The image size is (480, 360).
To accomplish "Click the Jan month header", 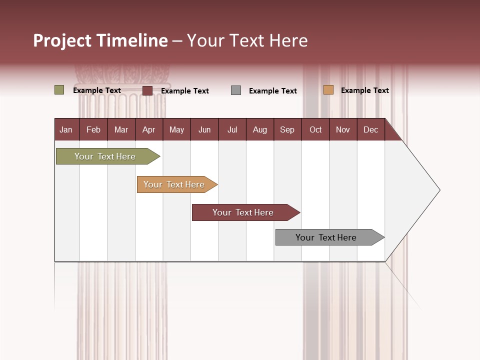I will coord(66,130).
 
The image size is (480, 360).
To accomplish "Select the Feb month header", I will coord(93,130).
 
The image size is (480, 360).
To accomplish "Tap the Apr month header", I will coord(148,130).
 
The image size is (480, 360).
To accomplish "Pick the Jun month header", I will coord(204,130).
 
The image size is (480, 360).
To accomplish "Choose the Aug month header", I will coord(259,130).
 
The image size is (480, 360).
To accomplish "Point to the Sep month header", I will coord(287,130).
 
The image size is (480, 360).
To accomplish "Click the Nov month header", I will coord(342,130).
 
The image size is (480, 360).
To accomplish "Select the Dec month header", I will coord(370,130).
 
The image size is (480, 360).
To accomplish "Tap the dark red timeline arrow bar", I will coord(243,212).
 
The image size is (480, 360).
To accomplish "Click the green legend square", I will coord(59,90).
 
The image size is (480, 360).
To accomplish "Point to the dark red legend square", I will coord(147,90).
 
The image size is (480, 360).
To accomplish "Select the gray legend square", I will coord(236,90).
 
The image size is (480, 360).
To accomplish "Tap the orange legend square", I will coord(328,90).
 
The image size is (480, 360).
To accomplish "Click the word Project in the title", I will coord(62,40).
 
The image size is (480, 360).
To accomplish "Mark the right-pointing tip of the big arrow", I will coord(438,190).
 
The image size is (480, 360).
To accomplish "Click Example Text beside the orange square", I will coord(364,90).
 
